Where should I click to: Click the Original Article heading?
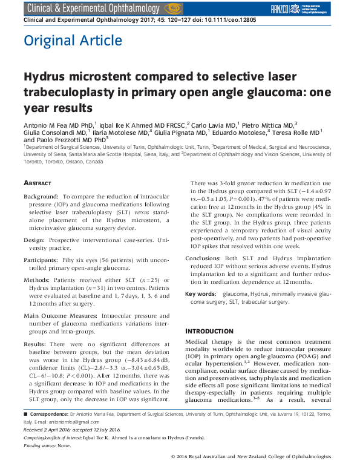(73, 41)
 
